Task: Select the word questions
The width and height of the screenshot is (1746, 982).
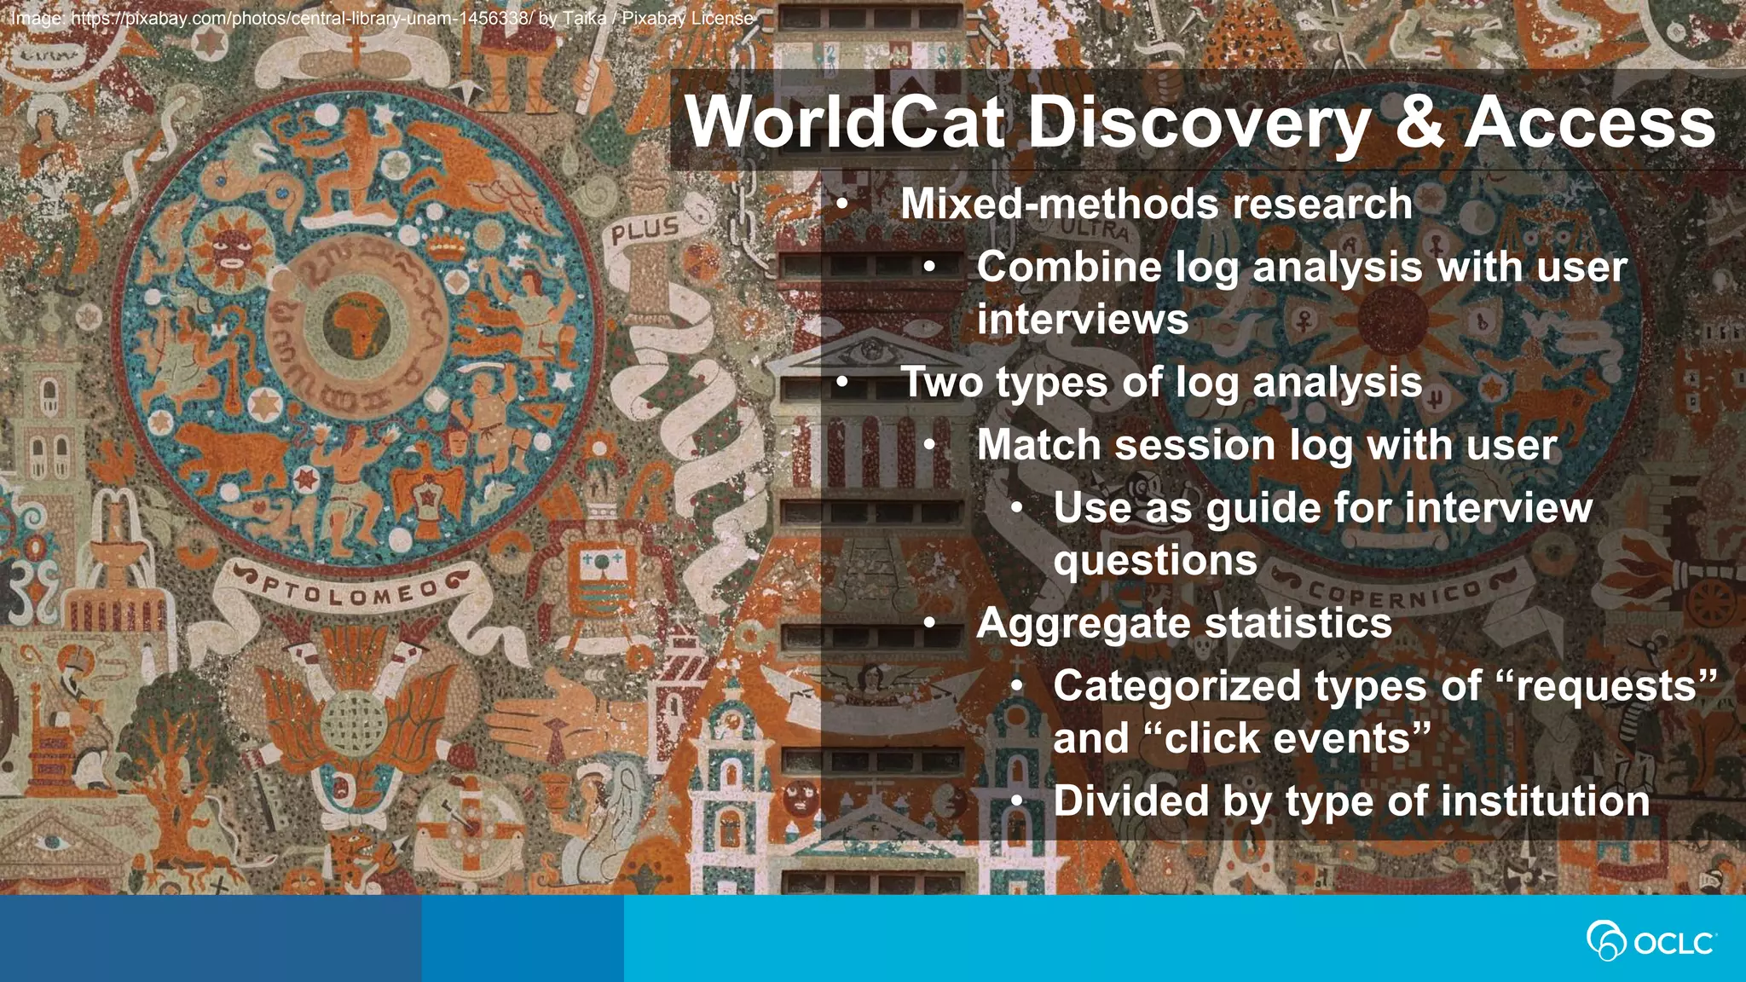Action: coord(1155,561)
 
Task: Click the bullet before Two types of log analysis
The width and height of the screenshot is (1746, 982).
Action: coord(842,384)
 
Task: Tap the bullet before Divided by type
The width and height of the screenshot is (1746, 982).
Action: coord(1017,802)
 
